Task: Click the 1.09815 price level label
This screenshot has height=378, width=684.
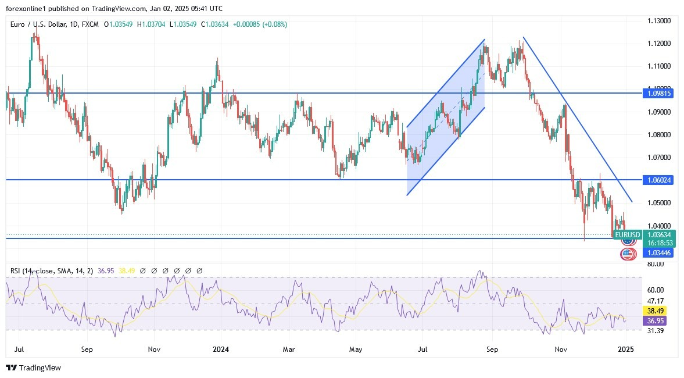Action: [659, 93]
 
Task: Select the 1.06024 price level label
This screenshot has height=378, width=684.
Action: [659, 180]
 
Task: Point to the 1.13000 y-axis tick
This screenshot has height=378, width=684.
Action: [659, 21]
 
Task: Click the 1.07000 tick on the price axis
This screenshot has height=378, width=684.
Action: [659, 158]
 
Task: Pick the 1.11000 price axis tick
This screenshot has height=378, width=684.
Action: [659, 66]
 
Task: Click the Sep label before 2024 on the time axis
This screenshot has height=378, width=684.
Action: [87, 350]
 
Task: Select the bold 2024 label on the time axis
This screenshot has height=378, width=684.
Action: [220, 350]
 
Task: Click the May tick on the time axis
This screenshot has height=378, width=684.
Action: [356, 350]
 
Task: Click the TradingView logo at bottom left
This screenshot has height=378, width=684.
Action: [33, 368]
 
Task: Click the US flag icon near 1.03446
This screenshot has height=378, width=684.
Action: [627, 254]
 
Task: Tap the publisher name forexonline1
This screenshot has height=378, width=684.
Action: [27, 9]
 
